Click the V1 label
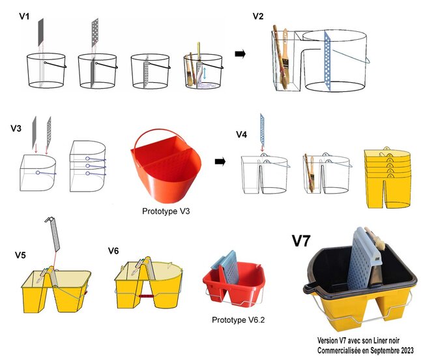pos(24,17)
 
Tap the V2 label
pos(258,16)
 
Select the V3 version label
pos(16,128)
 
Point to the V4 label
pos(241,134)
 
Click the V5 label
pos(20,255)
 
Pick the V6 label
pos(113,250)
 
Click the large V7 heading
pos(301,241)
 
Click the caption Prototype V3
pos(166,211)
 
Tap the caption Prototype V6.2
pos(238,320)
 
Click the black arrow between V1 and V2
pos(240,54)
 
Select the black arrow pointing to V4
pos(220,162)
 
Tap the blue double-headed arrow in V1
pos(205,73)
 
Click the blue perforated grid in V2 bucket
pos(328,61)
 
